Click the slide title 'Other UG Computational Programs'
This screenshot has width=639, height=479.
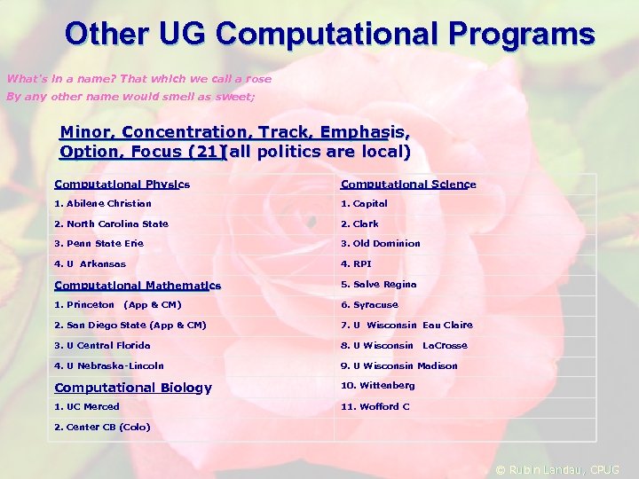coord(329,34)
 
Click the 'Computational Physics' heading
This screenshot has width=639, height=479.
coord(122,185)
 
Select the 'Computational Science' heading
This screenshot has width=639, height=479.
coord(408,185)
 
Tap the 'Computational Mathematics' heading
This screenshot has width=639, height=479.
coord(138,286)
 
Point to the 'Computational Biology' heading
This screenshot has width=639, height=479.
coord(133,388)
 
